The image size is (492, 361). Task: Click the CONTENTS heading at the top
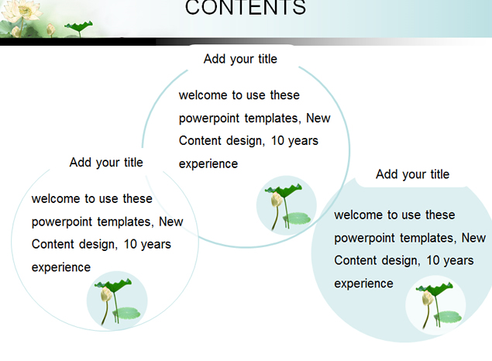pyautogui.click(x=246, y=7)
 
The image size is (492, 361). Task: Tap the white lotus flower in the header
pyautogui.click(x=22, y=10)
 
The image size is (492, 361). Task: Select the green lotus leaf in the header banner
pyautogui.click(x=79, y=26)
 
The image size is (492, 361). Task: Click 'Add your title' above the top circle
pyautogui.click(x=240, y=59)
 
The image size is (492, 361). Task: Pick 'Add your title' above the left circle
pyautogui.click(x=106, y=163)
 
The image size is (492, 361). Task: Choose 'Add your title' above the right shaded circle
pyautogui.click(x=413, y=174)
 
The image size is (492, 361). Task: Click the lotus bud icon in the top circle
pyautogui.click(x=287, y=205)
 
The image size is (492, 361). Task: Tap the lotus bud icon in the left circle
pyautogui.click(x=117, y=301)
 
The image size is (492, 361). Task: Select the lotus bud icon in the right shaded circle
pyautogui.click(x=435, y=305)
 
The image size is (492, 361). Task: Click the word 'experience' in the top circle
pyautogui.click(x=208, y=164)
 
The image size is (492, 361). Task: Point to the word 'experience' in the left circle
pyautogui.click(x=61, y=267)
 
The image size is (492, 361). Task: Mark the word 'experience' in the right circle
pyautogui.click(x=363, y=284)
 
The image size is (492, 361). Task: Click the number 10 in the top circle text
pyautogui.click(x=277, y=141)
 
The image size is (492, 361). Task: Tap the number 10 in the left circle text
pyautogui.click(x=130, y=244)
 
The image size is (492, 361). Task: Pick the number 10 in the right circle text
pyautogui.click(x=432, y=260)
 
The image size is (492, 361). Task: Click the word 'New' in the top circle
pyautogui.click(x=318, y=119)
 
